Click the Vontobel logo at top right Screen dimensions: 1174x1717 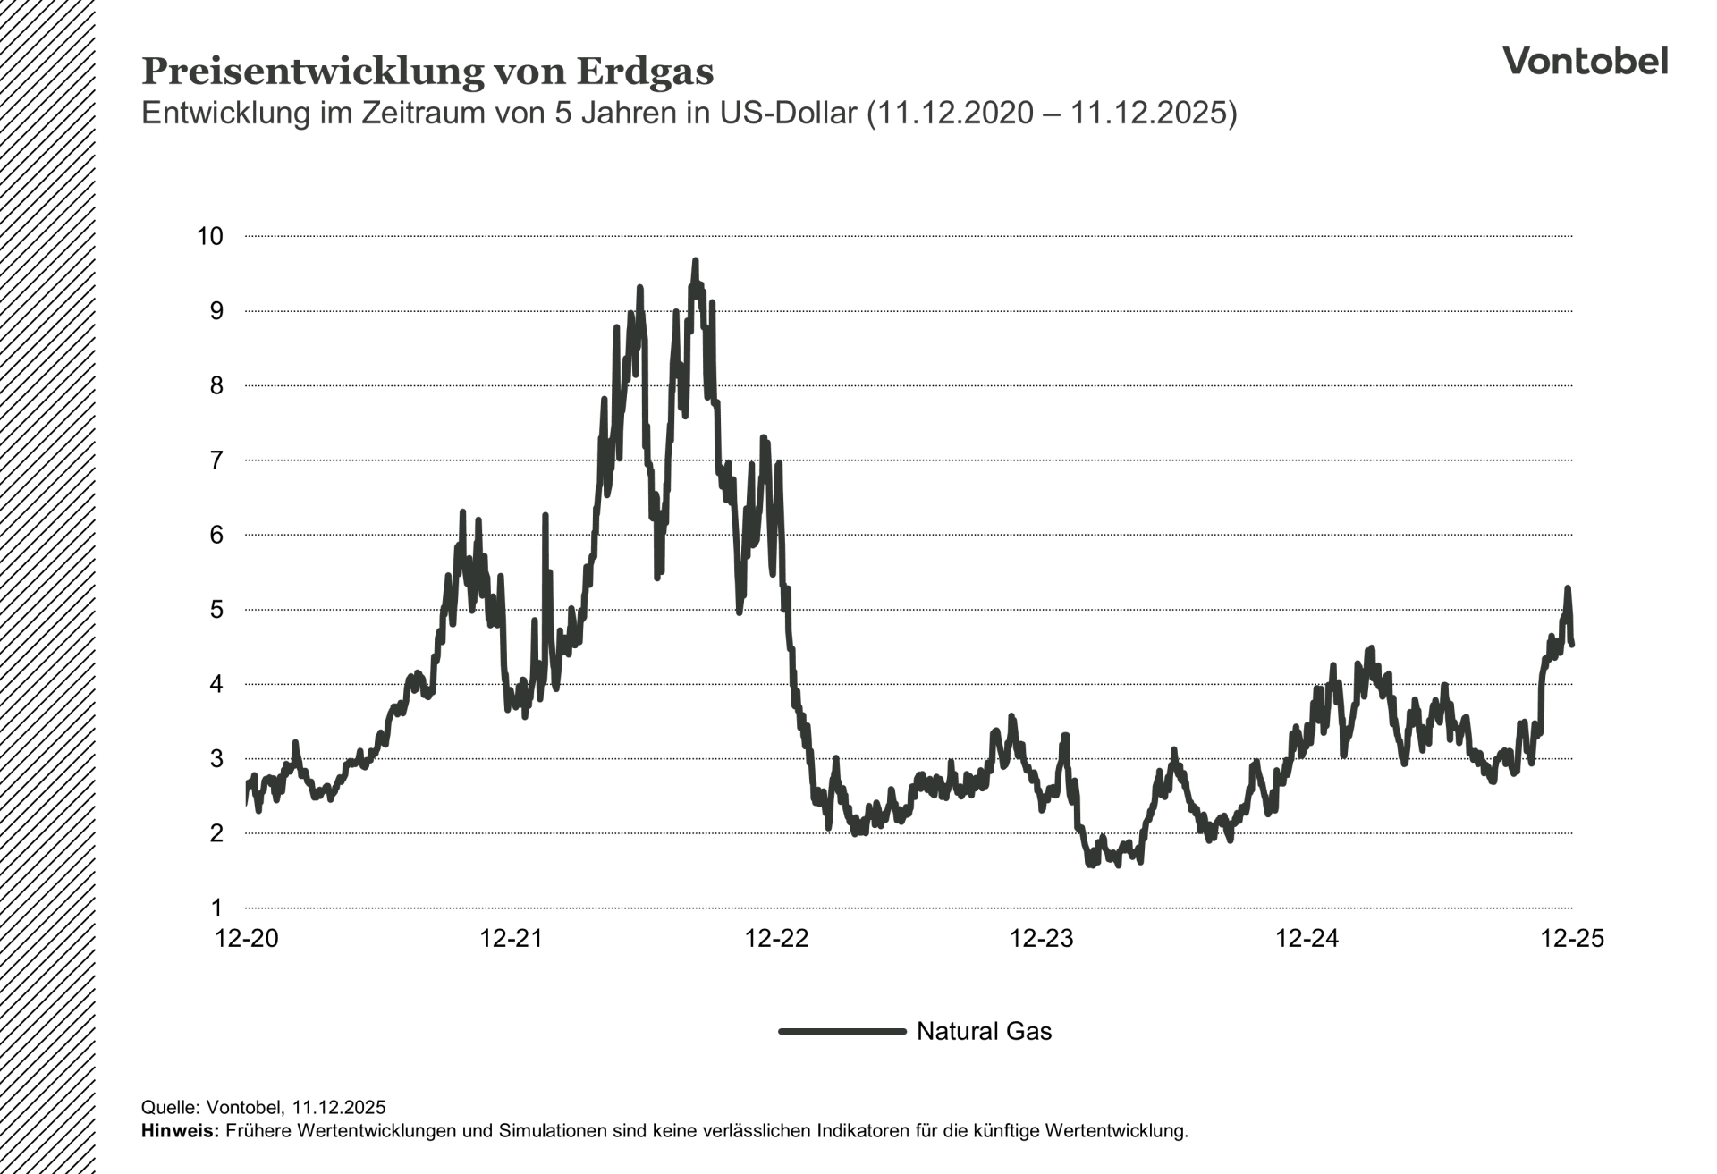(x=1585, y=61)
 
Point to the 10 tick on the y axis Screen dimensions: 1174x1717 (x=209, y=236)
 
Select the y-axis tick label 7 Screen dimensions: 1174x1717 (x=216, y=460)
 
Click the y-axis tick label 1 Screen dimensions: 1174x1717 (x=216, y=908)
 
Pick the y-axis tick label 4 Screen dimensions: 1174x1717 (x=216, y=685)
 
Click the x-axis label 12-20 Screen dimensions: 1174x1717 (x=247, y=939)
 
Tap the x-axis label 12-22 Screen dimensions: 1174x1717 (x=776, y=939)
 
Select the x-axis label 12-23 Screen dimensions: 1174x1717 (x=1041, y=939)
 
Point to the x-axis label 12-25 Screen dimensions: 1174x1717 (x=1571, y=939)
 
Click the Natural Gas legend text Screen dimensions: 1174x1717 (x=984, y=1031)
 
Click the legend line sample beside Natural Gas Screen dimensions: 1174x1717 (x=842, y=1031)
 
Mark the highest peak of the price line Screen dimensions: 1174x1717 (x=695, y=261)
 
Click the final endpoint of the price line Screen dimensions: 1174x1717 (x=1571, y=644)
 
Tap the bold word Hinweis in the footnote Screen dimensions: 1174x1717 (x=179, y=1131)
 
